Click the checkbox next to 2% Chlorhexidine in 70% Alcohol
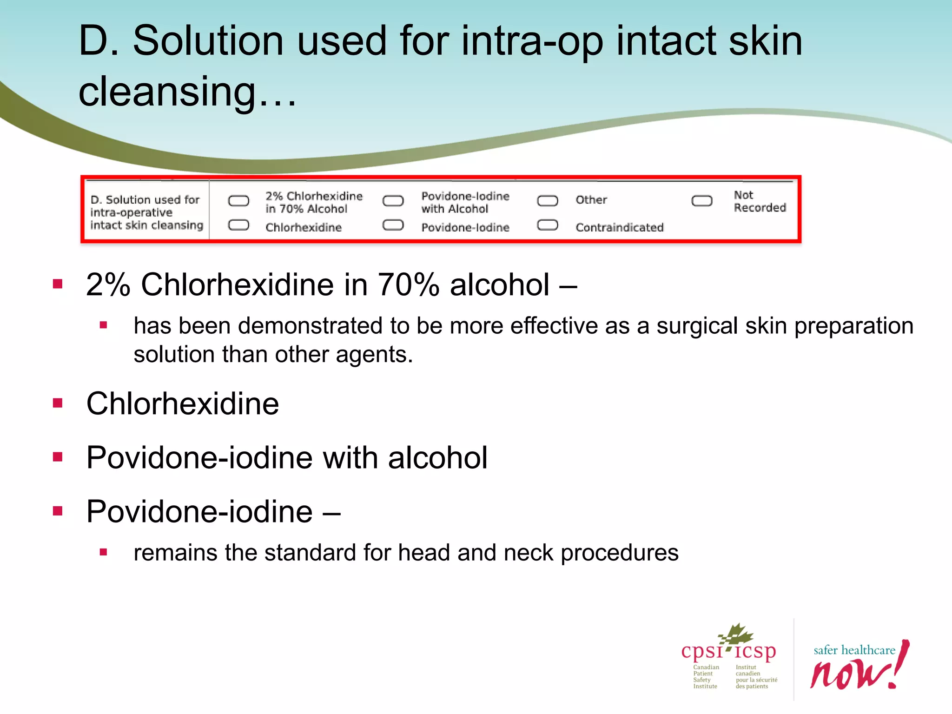pyautogui.click(x=238, y=201)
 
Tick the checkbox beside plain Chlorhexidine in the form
pyautogui.click(x=238, y=225)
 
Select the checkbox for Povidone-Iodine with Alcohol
pyautogui.click(x=393, y=201)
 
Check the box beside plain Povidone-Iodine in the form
pyautogui.click(x=393, y=225)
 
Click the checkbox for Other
pyautogui.click(x=547, y=201)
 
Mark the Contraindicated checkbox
pyautogui.click(x=547, y=225)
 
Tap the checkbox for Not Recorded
pyautogui.click(x=701, y=201)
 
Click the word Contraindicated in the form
pyautogui.click(x=619, y=227)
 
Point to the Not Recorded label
pyautogui.click(x=760, y=201)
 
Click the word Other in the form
pyautogui.click(x=591, y=200)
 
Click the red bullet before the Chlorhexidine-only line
pyautogui.click(x=58, y=403)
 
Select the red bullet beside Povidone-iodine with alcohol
pyautogui.click(x=58, y=457)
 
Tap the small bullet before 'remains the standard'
pyautogui.click(x=103, y=552)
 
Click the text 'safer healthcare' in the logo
pyautogui.click(x=854, y=650)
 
